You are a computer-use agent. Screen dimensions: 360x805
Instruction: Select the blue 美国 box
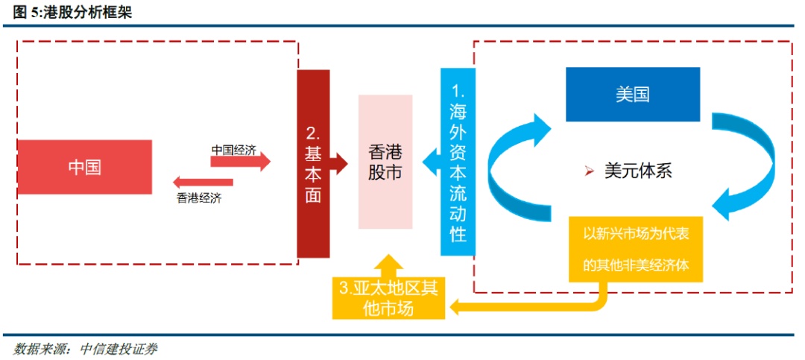[x=633, y=95]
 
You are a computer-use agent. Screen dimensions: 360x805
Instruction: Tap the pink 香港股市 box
[x=385, y=162]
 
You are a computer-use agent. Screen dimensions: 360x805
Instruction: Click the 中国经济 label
[x=233, y=150]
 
